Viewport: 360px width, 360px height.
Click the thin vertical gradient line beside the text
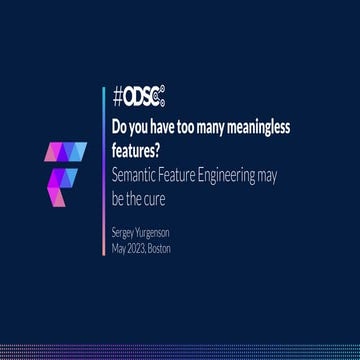(105, 160)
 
